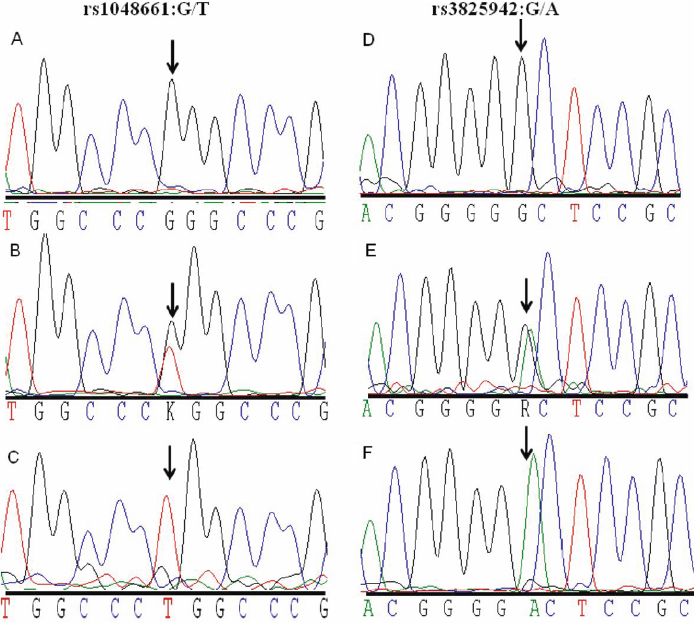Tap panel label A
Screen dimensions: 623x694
18,41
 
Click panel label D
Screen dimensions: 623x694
368,41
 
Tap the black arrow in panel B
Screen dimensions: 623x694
172,299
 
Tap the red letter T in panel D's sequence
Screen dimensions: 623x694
575,211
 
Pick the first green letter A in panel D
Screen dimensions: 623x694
367,211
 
